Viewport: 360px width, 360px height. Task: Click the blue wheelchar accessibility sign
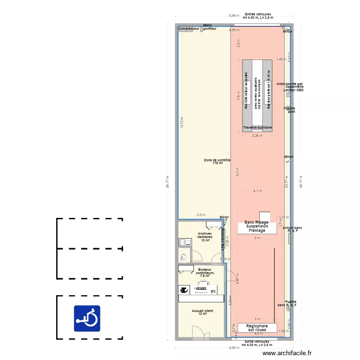(87, 318)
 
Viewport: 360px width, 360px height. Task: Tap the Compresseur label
(189, 29)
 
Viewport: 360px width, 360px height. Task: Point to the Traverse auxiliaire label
(257, 128)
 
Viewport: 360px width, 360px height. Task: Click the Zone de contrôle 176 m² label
(217, 162)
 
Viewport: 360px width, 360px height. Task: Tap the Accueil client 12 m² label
(202, 312)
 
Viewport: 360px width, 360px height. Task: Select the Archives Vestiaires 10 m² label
(205, 237)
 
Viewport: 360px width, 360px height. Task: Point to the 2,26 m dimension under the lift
(257, 135)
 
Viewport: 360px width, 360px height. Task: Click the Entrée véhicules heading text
(258, 14)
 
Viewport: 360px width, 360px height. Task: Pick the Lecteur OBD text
(293, 90)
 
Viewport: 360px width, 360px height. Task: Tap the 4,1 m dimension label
(257, 191)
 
